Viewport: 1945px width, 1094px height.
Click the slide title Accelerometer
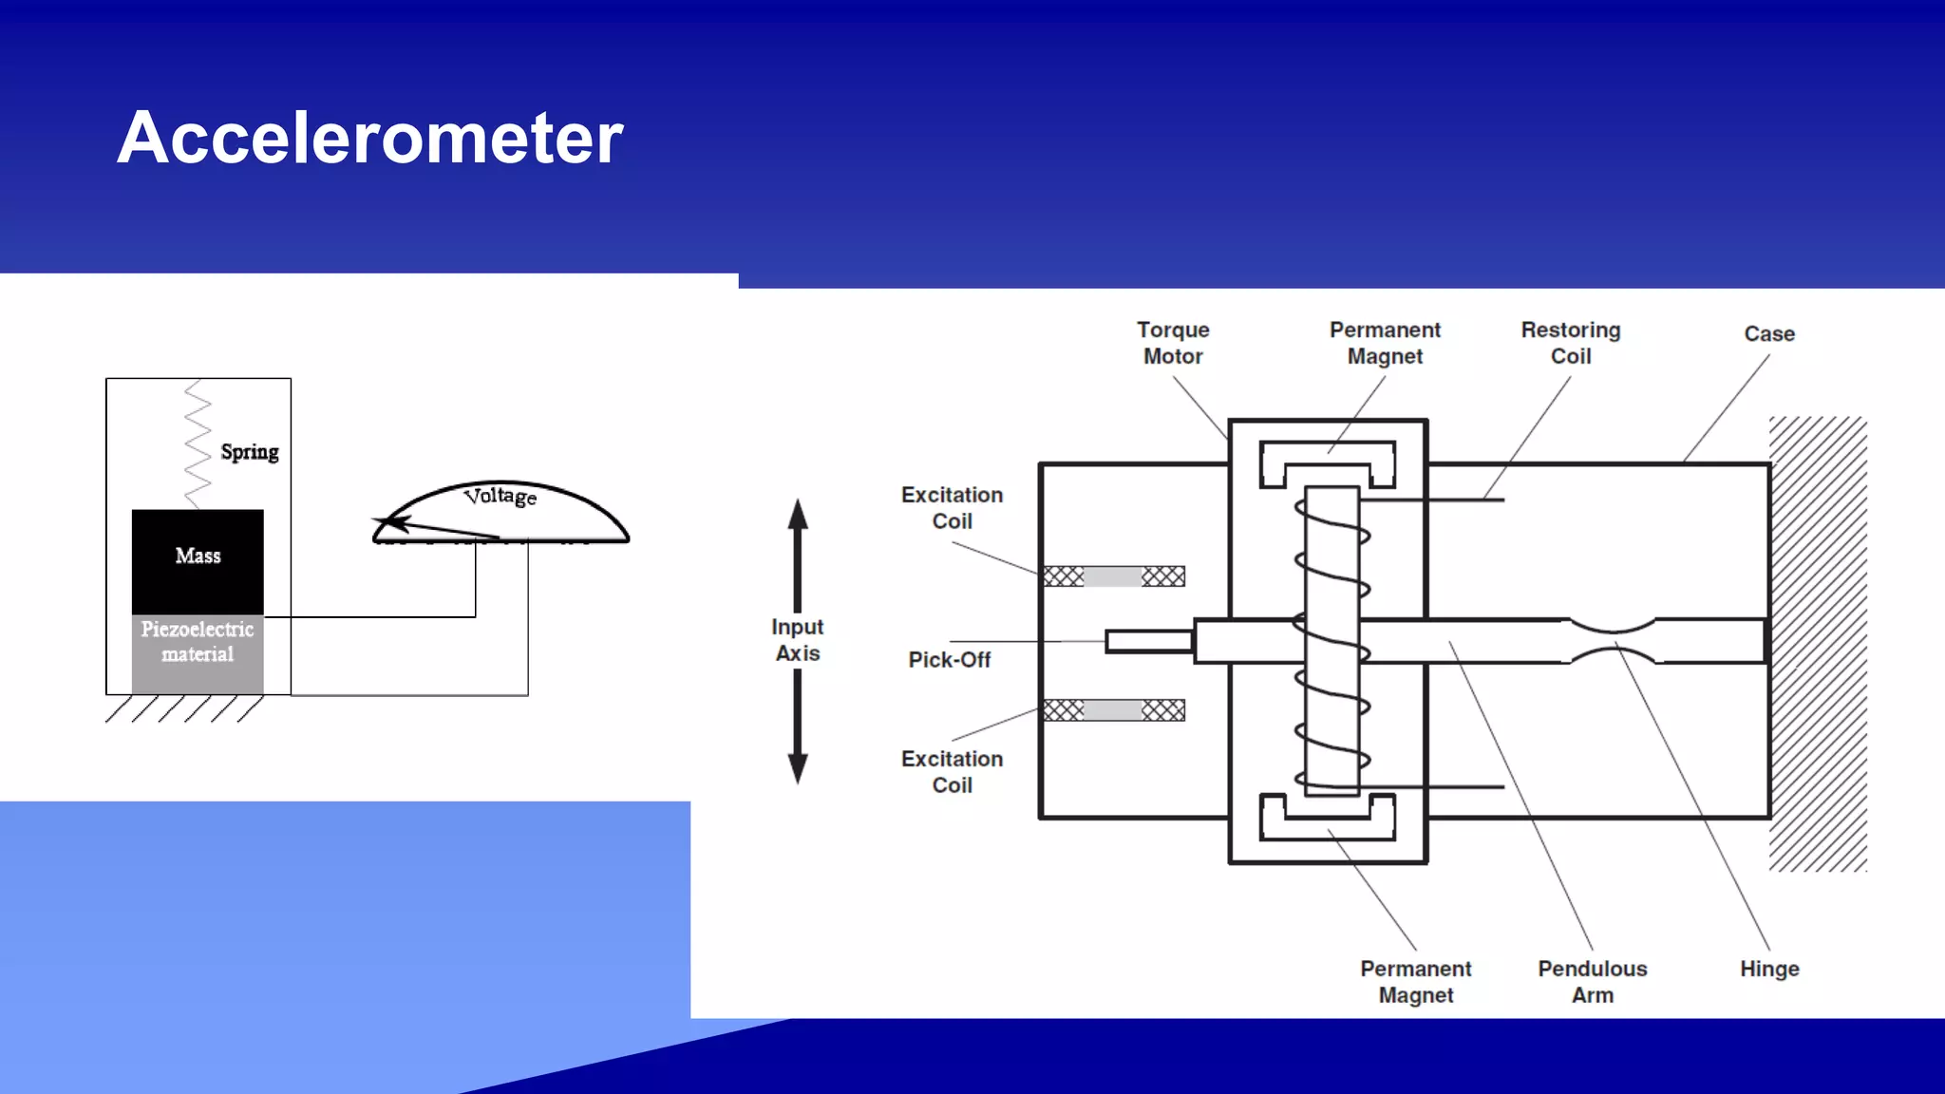click(x=369, y=138)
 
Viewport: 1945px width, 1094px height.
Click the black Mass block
click(x=198, y=560)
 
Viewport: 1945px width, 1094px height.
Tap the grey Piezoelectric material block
click(x=198, y=653)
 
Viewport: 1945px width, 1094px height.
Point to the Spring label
click(x=250, y=452)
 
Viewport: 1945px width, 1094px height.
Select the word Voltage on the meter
click(x=500, y=496)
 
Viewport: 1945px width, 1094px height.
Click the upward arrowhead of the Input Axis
click(x=798, y=515)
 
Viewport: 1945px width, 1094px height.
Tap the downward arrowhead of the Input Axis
click(x=798, y=767)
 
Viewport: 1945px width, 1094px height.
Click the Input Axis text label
click(x=798, y=640)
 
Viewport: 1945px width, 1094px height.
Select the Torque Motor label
click(x=1173, y=343)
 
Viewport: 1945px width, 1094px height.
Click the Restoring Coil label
click(x=1570, y=343)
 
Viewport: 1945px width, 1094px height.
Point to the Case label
click(x=1769, y=334)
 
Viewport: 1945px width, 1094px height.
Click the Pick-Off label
click(x=949, y=660)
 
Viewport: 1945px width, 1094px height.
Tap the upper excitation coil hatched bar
click(x=1114, y=576)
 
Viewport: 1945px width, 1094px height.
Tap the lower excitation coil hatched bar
click(x=1114, y=710)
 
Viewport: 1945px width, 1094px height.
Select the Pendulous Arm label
click(x=1593, y=982)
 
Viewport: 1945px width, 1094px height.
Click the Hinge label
click(x=1769, y=969)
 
